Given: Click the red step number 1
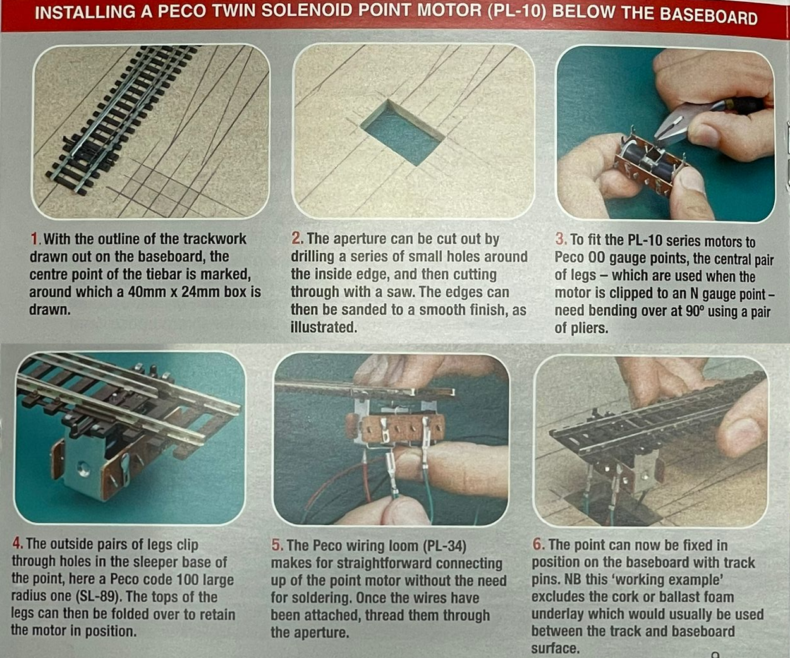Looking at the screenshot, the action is [34, 239].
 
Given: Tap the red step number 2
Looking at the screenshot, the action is [296, 238].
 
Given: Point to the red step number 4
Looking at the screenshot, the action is [17, 544].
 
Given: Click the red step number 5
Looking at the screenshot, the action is [277, 546].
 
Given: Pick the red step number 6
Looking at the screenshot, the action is [538, 544].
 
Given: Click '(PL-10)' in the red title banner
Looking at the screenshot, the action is [516, 11].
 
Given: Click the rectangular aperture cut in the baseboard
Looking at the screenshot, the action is [403, 133].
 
